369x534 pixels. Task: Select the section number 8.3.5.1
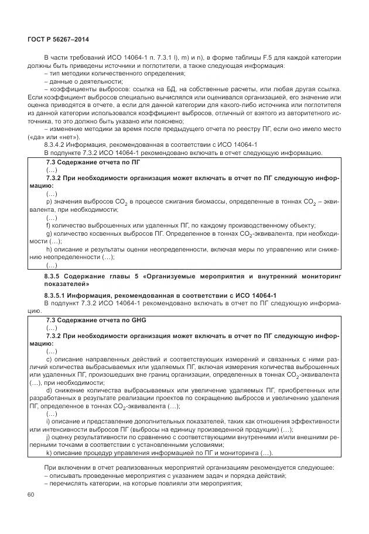point(58,295)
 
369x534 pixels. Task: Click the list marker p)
point(48,201)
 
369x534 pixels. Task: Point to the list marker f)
point(47,225)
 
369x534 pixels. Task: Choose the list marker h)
point(48,249)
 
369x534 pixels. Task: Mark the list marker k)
point(48,453)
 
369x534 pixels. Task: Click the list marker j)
point(47,437)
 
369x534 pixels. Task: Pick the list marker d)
point(48,390)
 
